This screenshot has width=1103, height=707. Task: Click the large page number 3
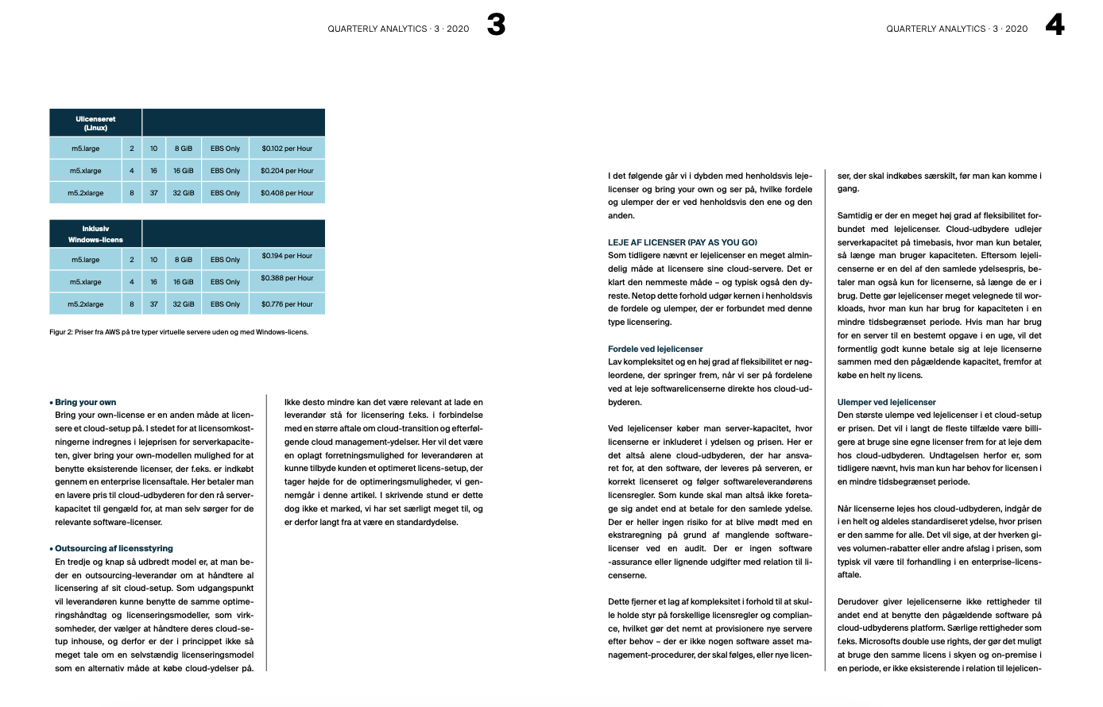(496, 25)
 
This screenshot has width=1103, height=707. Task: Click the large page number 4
(1055, 25)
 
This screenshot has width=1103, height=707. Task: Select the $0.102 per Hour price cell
(287, 149)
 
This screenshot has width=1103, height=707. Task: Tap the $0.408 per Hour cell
(287, 193)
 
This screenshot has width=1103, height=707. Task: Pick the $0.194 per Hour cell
(287, 256)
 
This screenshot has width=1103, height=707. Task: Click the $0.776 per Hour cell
(287, 304)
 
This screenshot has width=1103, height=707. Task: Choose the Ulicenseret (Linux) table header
(95, 123)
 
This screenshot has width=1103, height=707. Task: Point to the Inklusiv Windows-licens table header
(95, 234)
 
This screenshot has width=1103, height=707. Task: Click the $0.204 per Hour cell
(287, 171)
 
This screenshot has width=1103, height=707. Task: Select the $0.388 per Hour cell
(287, 278)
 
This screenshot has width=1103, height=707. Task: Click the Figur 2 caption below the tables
(179, 332)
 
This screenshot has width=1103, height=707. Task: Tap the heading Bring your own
(85, 402)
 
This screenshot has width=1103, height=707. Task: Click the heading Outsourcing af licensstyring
(114, 548)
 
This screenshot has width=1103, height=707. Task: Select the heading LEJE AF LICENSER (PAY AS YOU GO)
(683, 242)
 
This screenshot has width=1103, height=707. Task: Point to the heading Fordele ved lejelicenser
(656, 349)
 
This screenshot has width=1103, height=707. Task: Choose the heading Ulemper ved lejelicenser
(886, 402)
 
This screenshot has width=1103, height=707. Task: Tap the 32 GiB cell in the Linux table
(184, 193)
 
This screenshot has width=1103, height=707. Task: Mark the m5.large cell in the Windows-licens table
(86, 260)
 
